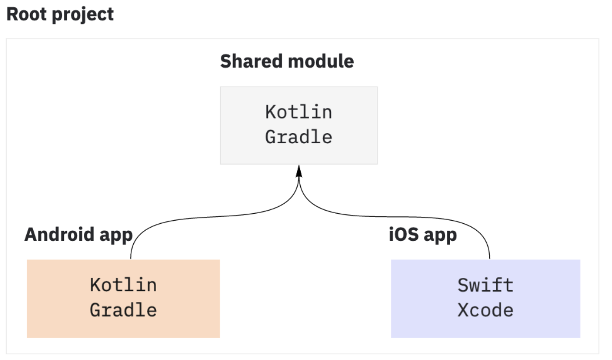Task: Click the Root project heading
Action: [60, 14]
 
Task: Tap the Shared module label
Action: [287, 61]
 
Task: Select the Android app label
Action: [78, 235]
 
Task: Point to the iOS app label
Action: [423, 235]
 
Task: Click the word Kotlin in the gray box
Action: [299, 112]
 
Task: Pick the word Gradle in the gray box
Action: [299, 137]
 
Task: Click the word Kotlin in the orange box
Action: [123, 285]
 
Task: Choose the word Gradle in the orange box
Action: [123, 310]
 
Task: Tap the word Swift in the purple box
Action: [485, 285]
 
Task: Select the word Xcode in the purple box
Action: [485, 310]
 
